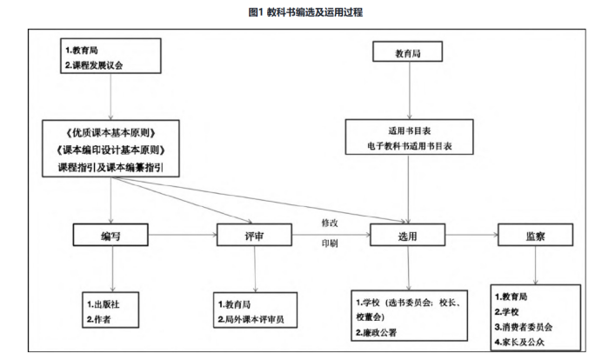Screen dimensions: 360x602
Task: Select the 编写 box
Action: (x=110, y=237)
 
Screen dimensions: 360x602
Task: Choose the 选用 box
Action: (x=407, y=237)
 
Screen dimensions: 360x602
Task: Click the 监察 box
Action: (x=534, y=236)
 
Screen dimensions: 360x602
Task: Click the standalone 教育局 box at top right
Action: (x=408, y=54)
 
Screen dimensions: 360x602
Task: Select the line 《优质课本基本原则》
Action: (x=110, y=133)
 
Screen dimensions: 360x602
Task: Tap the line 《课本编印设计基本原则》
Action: (x=110, y=150)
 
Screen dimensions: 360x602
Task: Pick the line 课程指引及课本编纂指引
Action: (x=110, y=166)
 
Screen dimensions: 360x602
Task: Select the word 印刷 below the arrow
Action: (x=331, y=243)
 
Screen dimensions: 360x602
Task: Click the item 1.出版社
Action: (x=104, y=305)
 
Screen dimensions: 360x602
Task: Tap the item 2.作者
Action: (x=98, y=320)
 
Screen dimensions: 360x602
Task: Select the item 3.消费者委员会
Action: (x=524, y=326)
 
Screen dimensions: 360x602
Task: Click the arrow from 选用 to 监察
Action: (x=470, y=236)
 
